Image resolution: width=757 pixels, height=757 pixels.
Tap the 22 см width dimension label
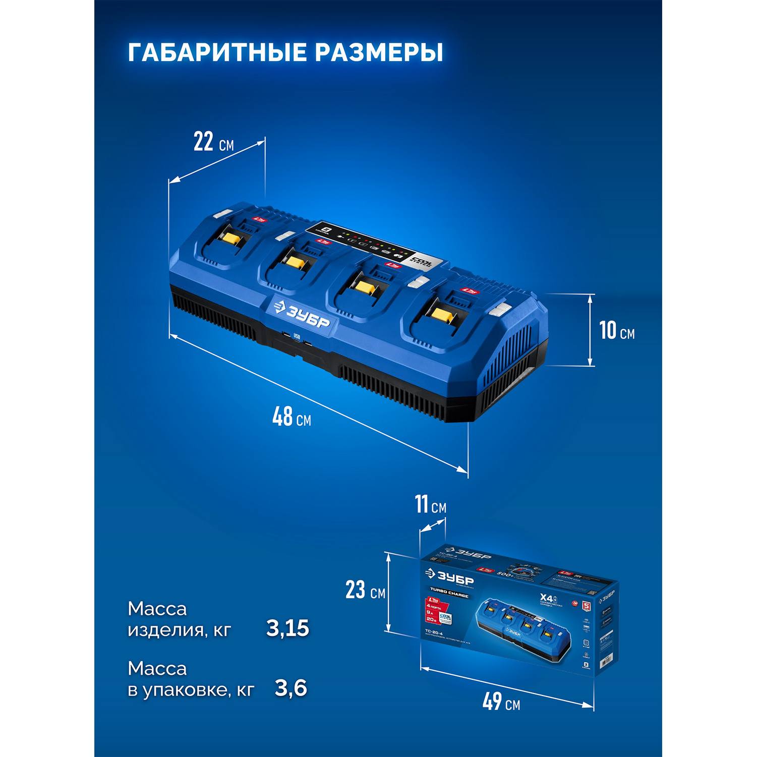[x=213, y=143]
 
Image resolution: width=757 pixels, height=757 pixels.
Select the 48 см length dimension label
[x=291, y=417]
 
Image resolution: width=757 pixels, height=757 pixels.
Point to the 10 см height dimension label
[x=616, y=330]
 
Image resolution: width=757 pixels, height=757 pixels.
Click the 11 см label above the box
[x=430, y=505]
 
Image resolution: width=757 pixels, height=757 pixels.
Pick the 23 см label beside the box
[x=365, y=590]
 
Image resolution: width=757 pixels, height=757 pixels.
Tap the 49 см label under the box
[x=501, y=702]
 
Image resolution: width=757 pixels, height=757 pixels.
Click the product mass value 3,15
[x=287, y=628]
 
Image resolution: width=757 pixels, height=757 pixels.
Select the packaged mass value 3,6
[x=291, y=688]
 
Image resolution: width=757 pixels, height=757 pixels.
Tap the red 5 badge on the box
[x=586, y=605]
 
